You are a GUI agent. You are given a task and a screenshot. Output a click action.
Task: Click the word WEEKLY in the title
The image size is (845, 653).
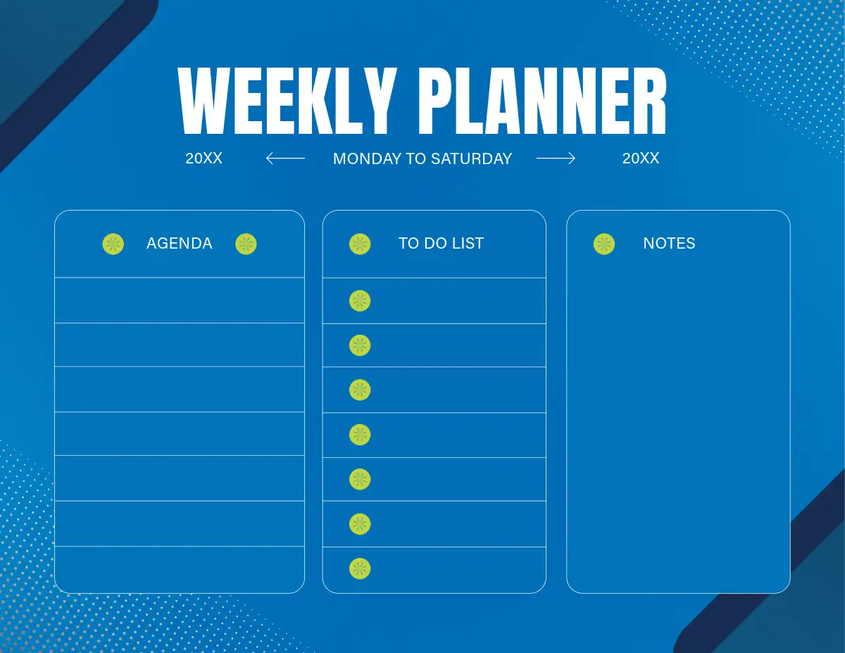point(287,101)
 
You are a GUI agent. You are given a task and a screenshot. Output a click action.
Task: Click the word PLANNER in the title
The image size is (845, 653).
point(542,101)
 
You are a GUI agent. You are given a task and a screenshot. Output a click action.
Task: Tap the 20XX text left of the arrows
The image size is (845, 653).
point(204,158)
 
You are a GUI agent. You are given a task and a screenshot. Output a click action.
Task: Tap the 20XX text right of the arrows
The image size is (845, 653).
point(641,158)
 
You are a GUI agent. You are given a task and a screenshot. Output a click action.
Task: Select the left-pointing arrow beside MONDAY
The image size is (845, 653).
point(285,158)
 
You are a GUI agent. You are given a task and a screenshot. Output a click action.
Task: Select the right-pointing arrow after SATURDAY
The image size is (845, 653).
point(556,158)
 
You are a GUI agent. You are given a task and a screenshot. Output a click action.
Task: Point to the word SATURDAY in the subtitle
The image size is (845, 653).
point(471,158)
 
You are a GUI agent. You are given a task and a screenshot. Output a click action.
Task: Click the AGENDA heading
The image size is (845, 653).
point(180,244)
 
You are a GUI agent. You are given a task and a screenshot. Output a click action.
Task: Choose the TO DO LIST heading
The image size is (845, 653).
point(441,244)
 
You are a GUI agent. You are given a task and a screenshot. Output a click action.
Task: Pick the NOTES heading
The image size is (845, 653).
point(669,244)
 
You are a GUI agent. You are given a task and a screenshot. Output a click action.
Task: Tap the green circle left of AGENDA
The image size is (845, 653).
point(113,244)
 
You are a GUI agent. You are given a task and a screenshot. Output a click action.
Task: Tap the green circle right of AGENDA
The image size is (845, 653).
point(246,244)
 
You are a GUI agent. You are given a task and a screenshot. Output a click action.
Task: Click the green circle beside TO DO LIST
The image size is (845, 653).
point(360,244)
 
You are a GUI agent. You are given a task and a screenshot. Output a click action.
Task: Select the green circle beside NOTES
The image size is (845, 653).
point(604,244)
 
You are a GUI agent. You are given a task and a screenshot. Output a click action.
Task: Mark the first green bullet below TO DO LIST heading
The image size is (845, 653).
point(360,301)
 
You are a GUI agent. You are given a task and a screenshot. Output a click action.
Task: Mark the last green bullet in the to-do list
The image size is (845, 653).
point(360,569)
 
